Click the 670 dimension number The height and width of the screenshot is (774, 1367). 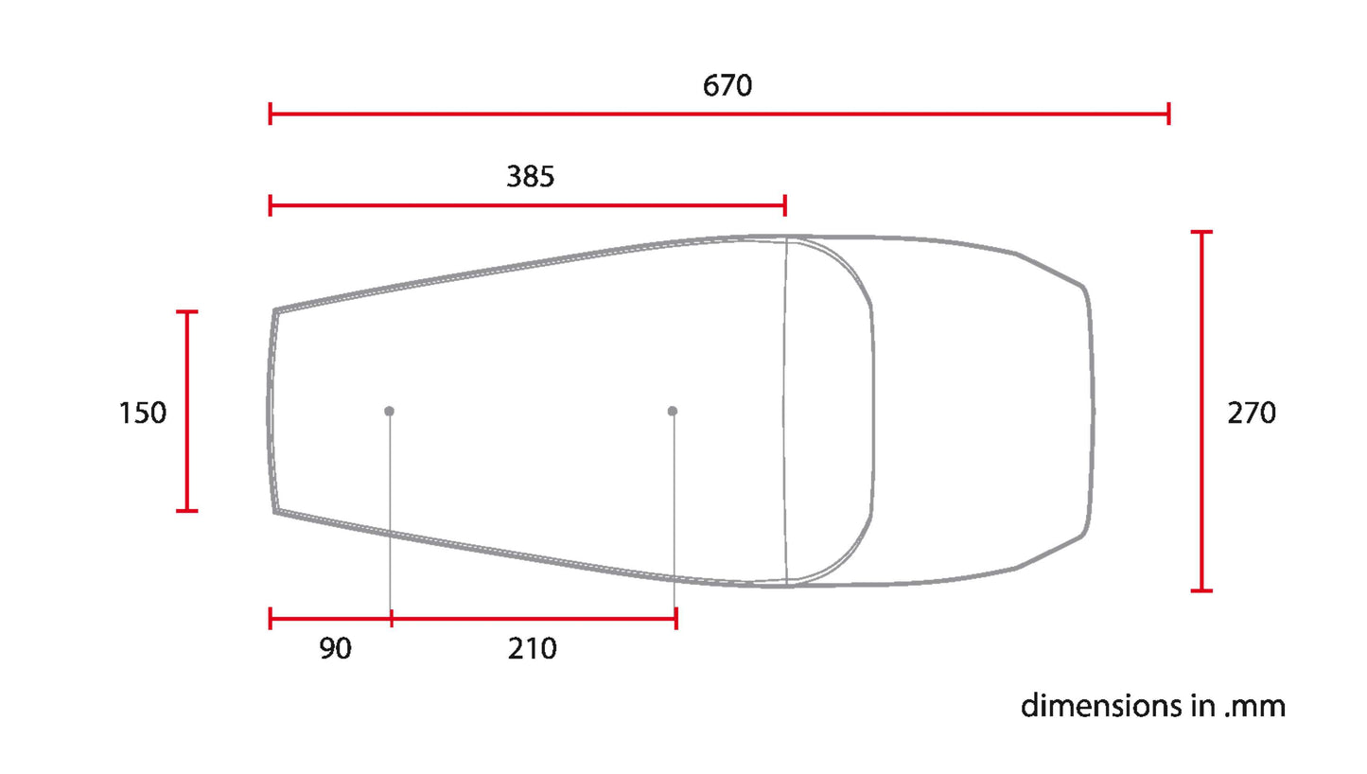tap(727, 85)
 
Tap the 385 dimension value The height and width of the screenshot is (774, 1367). tap(531, 176)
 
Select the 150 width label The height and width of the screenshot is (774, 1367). tap(142, 413)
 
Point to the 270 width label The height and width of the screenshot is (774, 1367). tap(1251, 413)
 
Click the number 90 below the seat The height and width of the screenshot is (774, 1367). tap(335, 648)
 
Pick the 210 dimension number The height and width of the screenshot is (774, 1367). tap(533, 648)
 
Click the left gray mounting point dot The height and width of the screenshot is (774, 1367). tap(390, 411)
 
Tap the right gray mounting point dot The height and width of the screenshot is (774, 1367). tap(673, 411)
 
